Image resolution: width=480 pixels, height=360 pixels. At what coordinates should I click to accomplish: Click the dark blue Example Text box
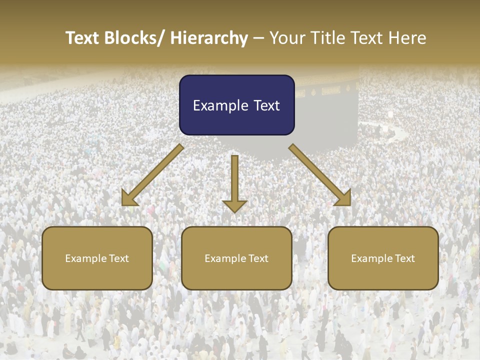(x=236, y=105)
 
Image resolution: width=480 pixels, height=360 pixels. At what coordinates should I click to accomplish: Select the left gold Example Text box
(x=97, y=258)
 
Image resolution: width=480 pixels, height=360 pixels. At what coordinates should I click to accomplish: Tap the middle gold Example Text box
(x=236, y=258)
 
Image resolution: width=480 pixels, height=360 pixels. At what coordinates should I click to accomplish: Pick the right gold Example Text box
(x=383, y=258)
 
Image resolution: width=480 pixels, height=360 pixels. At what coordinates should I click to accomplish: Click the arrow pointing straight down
(x=234, y=182)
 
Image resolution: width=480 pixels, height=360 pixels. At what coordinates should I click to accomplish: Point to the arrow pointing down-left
(x=152, y=175)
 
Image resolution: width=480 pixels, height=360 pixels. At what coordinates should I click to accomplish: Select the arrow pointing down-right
(x=320, y=175)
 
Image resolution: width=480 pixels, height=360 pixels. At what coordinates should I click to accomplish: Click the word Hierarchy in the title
(x=209, y=38)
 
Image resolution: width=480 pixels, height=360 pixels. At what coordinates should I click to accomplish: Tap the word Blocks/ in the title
(x=135, y=38)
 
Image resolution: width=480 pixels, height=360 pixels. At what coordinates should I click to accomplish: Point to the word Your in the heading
(x=286, y=38)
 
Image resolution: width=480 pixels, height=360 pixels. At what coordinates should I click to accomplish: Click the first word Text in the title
(x=83, y=38)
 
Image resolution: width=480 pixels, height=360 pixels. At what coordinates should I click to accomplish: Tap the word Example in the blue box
(x=216, y=105)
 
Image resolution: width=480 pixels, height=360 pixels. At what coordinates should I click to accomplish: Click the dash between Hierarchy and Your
(x=258, y=38)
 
